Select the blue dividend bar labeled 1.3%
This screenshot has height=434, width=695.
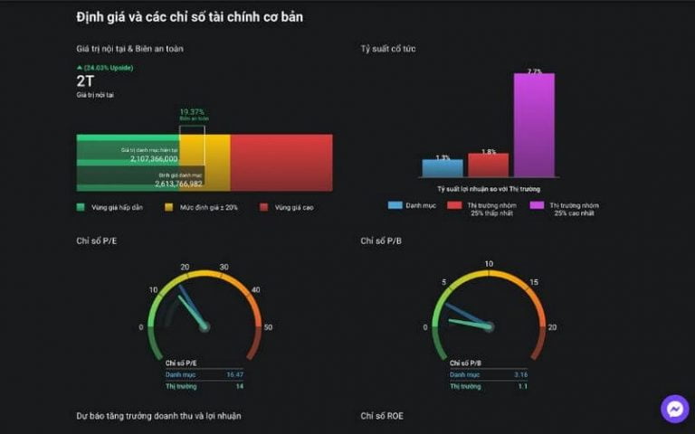442,168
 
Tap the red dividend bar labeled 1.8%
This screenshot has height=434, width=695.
489,165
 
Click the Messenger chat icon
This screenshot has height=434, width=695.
674,409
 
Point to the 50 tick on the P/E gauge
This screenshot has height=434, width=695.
268,326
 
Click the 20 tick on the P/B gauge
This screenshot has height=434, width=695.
552,326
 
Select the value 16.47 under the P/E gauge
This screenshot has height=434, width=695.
235,373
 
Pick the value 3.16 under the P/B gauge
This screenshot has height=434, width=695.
520,373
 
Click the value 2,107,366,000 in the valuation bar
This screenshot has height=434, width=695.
154,158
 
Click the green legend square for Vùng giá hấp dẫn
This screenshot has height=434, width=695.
81,207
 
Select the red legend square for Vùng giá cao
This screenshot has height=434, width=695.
263,207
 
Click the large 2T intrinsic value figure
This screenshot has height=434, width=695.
85,80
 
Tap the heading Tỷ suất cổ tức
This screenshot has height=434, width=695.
388,48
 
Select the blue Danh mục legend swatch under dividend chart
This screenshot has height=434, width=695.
395,205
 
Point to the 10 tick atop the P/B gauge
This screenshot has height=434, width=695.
489,264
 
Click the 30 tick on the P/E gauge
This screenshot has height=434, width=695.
224,267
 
